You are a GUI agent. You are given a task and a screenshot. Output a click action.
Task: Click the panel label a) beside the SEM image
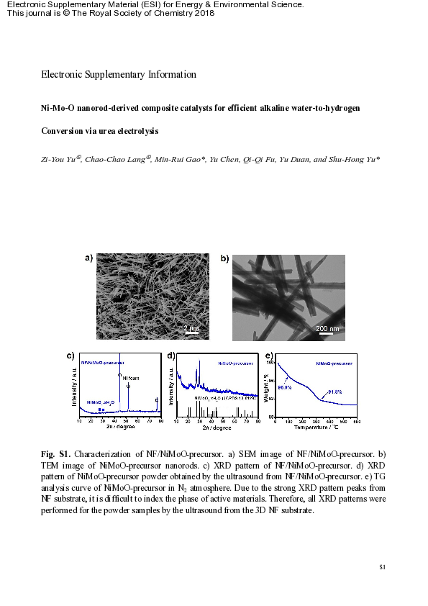point(89,258)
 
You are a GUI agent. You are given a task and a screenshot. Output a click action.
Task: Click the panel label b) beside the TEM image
point(224,258)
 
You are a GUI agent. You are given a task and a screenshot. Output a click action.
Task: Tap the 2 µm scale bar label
point(191,328)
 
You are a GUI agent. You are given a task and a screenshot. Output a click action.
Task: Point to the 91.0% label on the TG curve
point(335,392)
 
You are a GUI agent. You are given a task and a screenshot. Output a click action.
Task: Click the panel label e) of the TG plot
point(269,356)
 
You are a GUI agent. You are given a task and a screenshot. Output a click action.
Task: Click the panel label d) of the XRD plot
point(171,356)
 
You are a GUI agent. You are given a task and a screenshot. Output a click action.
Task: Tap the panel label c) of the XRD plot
point(70,356)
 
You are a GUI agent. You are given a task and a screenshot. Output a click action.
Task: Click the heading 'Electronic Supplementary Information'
point(119,74)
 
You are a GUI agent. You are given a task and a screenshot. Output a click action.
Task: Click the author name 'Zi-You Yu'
point(58,159)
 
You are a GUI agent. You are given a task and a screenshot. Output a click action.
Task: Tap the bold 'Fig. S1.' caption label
point(55,455)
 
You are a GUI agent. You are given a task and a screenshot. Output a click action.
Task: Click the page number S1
point(383,568)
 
